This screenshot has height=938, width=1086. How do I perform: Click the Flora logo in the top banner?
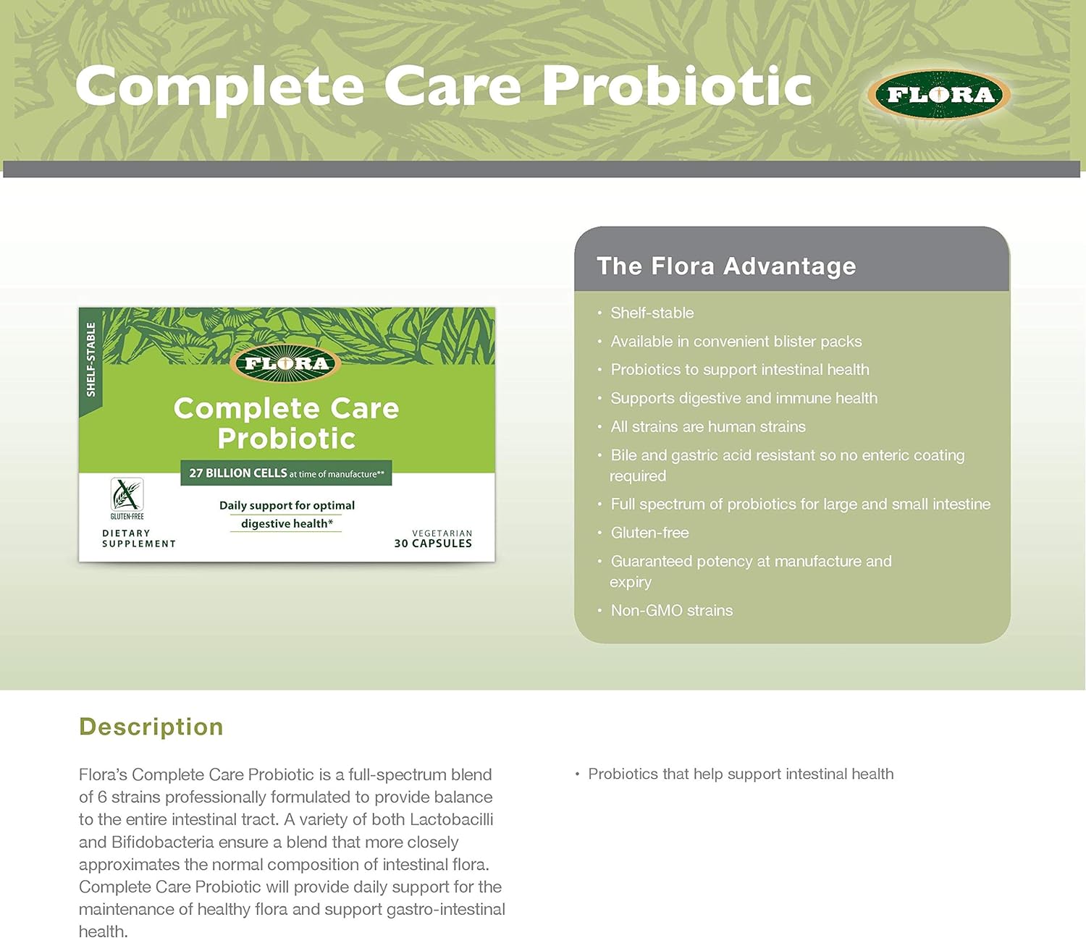(939, 94)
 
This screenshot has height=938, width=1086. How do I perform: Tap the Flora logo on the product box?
(287, 363)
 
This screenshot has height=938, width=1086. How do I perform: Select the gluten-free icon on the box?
(127, 498)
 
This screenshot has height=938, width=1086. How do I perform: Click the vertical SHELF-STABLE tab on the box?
(90, 360)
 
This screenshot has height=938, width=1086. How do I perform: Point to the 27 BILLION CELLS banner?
(286, 473)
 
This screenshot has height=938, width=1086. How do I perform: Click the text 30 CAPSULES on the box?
(433, 544)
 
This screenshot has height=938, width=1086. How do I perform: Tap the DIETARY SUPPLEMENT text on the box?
(138, 538)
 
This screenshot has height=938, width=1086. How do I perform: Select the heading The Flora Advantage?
(725, 266)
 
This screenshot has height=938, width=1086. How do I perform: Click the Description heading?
(151, 727)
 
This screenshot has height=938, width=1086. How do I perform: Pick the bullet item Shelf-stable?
(652, 313)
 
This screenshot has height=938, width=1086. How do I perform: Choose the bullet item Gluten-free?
(649, 533)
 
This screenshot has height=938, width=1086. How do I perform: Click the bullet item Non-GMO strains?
(671, 610)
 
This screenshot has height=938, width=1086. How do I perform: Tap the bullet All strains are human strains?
(707, 426)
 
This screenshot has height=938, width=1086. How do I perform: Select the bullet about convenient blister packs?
(736, 341)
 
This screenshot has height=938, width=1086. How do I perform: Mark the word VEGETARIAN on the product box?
(442, 533)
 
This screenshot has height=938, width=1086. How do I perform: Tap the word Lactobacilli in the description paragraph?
(451, 819)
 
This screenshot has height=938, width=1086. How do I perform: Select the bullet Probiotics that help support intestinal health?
(740, 774)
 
